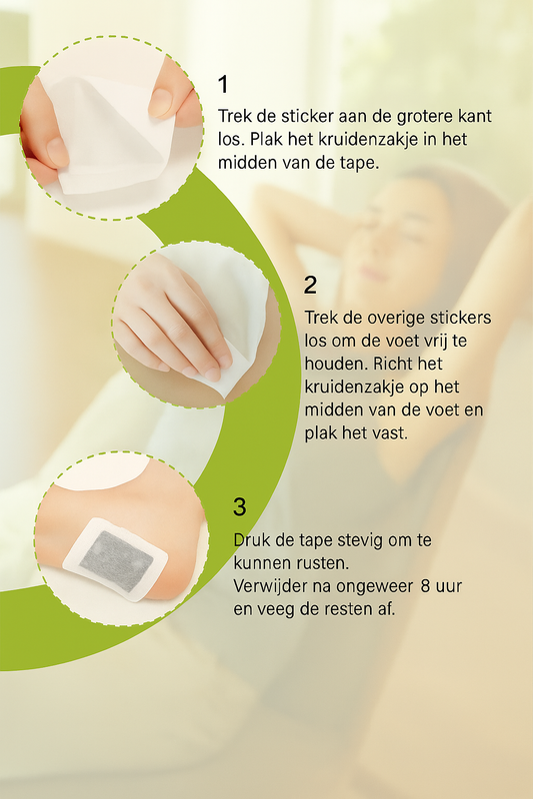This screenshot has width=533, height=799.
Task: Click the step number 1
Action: click(223, 85)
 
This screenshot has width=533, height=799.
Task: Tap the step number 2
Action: click(310, 285)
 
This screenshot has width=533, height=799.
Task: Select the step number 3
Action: click(239, 507)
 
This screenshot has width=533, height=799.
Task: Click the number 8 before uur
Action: click(426, 586)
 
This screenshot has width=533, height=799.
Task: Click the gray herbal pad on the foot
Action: click(116, 560)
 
